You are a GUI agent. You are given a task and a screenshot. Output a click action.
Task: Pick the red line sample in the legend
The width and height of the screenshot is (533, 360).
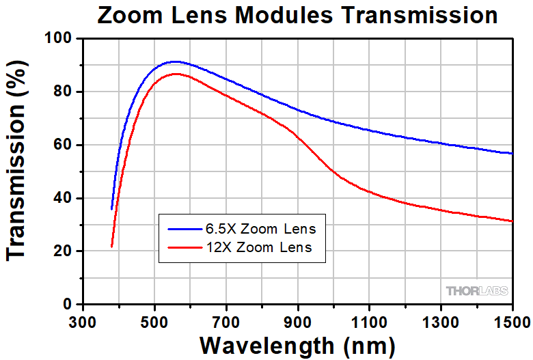(182, 247)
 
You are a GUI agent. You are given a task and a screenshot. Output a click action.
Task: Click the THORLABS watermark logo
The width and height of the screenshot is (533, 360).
(478, 291)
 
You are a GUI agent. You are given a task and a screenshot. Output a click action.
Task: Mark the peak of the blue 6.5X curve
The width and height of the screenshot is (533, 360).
(176, 61)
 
